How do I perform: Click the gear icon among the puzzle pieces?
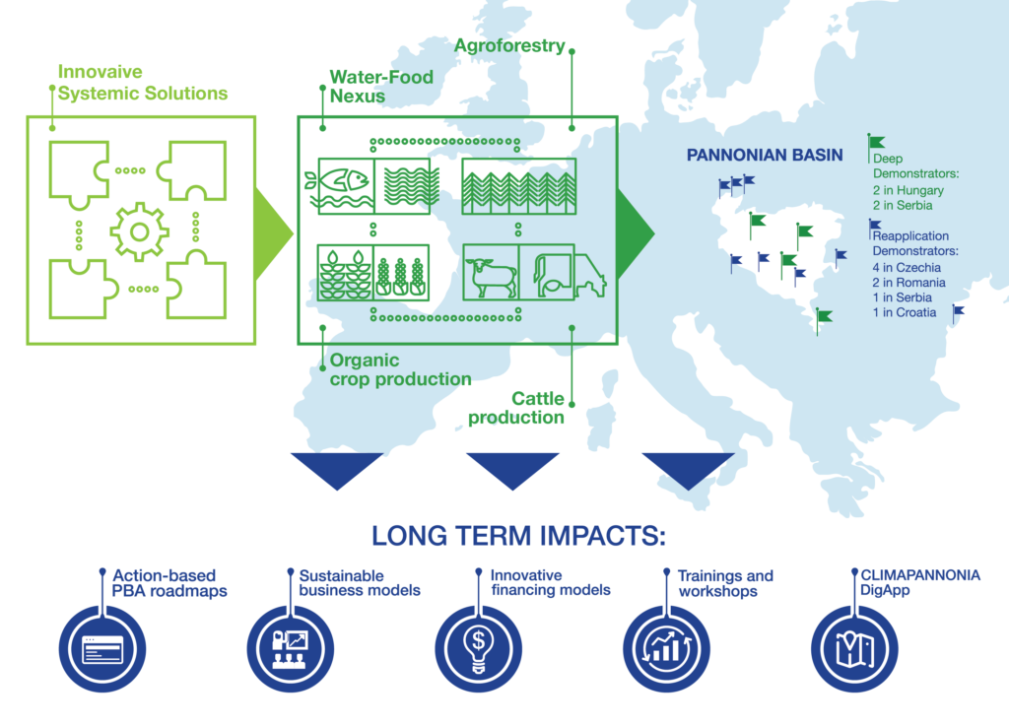click(139, 231)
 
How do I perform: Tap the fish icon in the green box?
click(338, 184)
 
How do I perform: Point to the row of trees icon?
click(520, 184)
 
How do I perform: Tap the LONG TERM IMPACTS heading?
click(518, 536)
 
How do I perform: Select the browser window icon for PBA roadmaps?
click(102, 648)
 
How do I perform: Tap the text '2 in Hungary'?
click(908, 190)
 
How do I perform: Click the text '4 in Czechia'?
click(907, 267)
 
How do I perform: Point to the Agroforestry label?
click(509, 46)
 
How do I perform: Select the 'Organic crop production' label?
click(400, 370)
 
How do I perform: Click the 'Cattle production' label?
click(517, 408)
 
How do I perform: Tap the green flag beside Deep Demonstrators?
click(876, 144)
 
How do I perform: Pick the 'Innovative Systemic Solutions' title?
click(142, 83)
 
